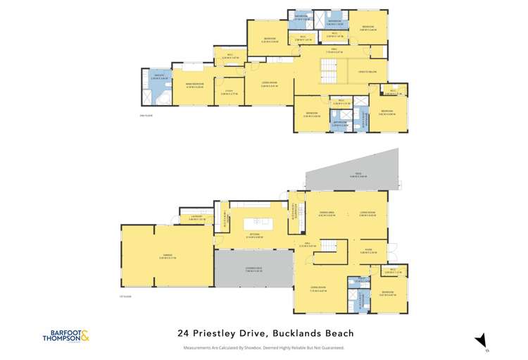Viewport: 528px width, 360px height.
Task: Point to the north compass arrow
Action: point(482,340)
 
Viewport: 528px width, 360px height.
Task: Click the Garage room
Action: point(166,256)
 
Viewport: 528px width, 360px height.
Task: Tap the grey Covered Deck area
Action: point(253,271)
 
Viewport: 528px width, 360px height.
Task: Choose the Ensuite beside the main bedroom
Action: point(156,87)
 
